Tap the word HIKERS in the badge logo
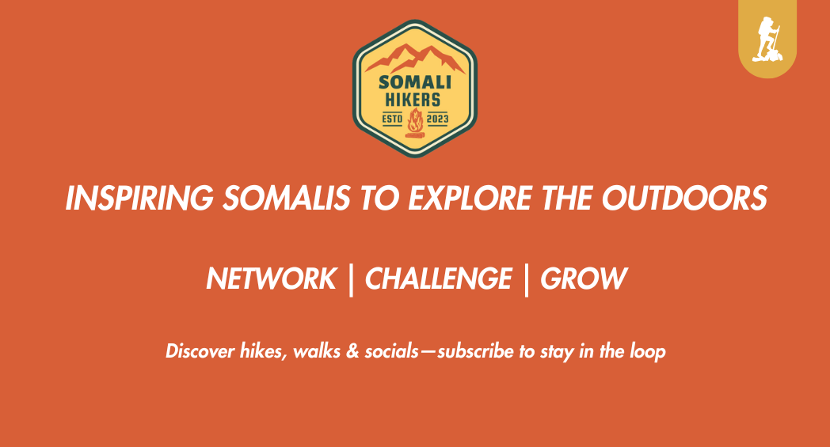(414, 100)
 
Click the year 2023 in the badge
(437, 119)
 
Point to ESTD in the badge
(393, 119)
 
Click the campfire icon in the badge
(414, 124)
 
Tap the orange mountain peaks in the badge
(414, 59)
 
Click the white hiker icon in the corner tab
(767, 40)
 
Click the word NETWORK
(271, 278)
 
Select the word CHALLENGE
(438, 278)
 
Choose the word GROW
(584, 278)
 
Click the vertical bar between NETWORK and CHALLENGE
(351, 279)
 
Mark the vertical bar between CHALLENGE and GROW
(526, 279)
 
